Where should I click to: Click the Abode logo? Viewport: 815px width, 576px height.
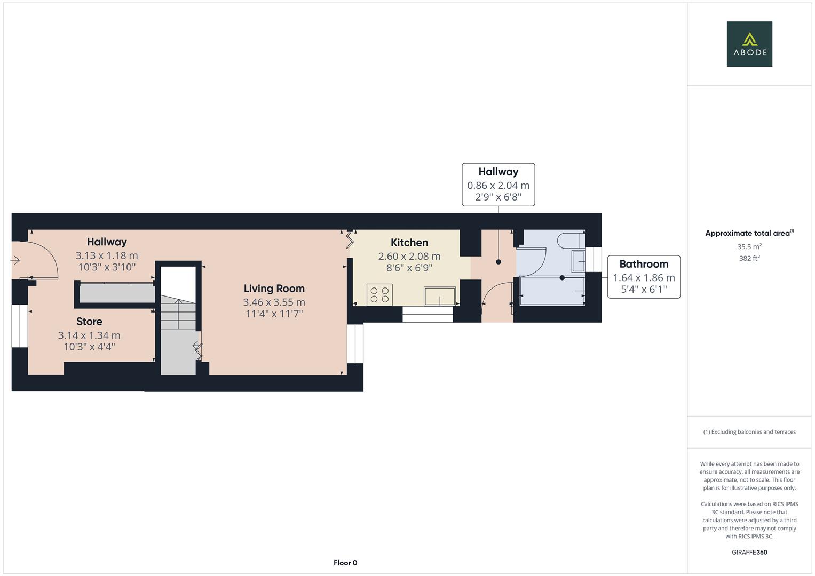(749, 44)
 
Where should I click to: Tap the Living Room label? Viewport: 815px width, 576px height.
(274, 289)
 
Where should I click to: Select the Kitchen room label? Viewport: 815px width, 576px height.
(409, 243)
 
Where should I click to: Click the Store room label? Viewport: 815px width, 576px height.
(89, 322)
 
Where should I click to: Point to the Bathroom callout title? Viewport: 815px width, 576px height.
(643, 264)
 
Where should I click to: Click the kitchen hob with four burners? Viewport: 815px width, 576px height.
(379, 295)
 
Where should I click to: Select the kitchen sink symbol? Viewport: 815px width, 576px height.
(439, 296)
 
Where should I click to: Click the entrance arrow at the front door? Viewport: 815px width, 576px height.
(15, 260)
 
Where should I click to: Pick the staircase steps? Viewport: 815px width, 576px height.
(178, 315)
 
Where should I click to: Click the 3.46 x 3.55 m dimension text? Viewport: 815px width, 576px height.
(274, 302)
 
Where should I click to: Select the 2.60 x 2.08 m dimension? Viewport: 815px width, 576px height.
(409, 257)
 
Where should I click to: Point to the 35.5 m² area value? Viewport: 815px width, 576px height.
(749, 246)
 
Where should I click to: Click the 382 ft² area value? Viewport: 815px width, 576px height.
(749, 258)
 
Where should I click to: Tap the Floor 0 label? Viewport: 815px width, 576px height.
(345, 563)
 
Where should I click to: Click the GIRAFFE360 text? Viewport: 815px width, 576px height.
(749, 552)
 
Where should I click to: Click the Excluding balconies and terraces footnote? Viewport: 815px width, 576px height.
(749, 432)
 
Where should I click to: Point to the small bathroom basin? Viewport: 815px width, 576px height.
(578, 261)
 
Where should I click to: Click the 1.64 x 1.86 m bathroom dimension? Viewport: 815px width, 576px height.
(643, 278)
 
